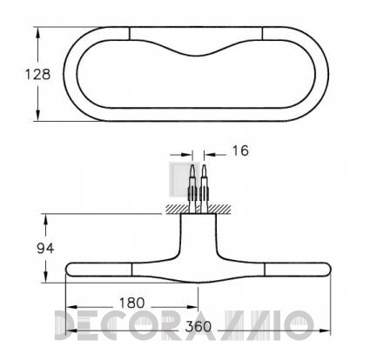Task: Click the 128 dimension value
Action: click(38, 75)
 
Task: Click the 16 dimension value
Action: click(240, 150)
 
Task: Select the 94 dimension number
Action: click(45, 249)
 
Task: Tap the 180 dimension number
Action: click(131, 303)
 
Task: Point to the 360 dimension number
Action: click(198, 327)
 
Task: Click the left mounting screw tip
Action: click(192, 166)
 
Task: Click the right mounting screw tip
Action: click(204, 166)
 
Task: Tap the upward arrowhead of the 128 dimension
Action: click(37, 34)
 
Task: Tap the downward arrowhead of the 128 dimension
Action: click(37, 114)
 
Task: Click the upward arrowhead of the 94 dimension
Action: click(45, 221)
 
